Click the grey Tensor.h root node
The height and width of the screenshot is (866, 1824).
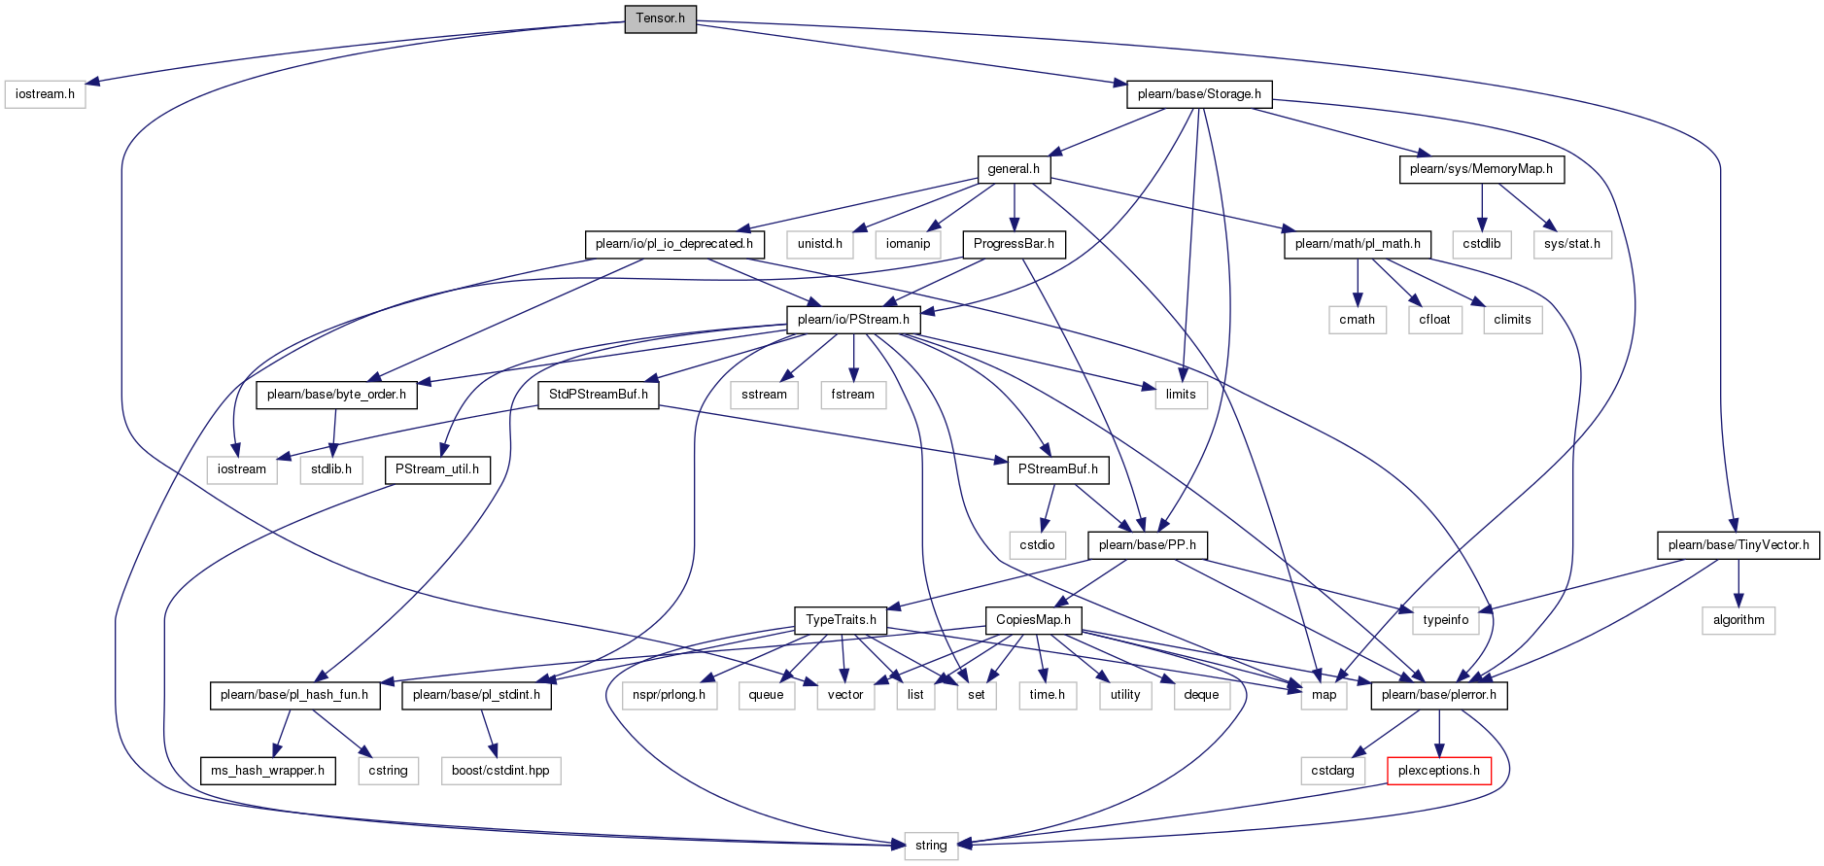click(660, 18)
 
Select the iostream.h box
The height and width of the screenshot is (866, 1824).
click(45, 94)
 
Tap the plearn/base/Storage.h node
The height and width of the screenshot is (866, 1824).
click(1199, 94)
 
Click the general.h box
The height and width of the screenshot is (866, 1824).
click(1014, 169)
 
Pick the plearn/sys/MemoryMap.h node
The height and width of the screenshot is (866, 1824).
click(1481, 169)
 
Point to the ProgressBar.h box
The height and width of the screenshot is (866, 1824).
click(1014, 244)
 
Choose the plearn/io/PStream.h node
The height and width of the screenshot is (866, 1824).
click(853, 319)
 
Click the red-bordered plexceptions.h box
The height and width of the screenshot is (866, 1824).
click(1438, 771)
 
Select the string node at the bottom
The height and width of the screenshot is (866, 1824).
click(930, 846)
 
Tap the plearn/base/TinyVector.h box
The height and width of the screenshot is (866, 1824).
click(1738, 545)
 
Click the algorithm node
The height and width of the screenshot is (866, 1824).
click(1738, 620)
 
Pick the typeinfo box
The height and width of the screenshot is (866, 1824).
click(1445, 620)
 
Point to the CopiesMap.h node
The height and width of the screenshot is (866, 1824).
click(1033, 620)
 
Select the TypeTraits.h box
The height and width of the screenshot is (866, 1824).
click(841, 620)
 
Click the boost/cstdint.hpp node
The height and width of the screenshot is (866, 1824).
click(500, 771)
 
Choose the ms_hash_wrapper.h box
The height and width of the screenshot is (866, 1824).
click(268, 771)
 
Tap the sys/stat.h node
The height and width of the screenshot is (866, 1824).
click(1571, 244)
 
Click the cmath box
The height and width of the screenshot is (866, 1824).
click(1357, 320)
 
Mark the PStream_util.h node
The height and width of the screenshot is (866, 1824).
click(437, 469)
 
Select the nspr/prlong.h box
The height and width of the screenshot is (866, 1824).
click(669, 695)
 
